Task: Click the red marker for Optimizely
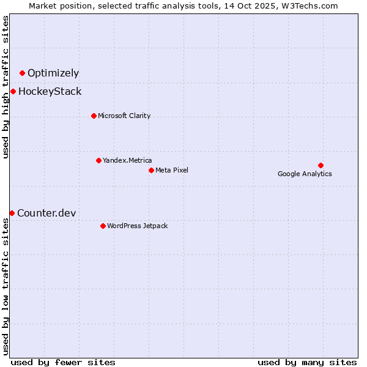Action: [x=22, y=73]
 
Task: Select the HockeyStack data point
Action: [x=13, y=92]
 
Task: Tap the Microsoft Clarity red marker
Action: [x=94, y=116]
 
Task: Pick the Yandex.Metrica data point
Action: [x=98, y=160]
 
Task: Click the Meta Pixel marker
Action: [x=151, y=170]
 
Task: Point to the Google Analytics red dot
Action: [x=321, y=165]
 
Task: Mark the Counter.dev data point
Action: [x=12, y=213]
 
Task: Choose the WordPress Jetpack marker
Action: [x=103, y=226]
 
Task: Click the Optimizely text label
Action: [x=53, y=73]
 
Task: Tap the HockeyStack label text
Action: [x=50, y=92]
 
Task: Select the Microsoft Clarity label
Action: [x=124, y=116]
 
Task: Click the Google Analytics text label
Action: [x=305, y=174]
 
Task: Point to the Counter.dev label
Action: [x=46, y=213]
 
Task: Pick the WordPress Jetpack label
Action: [x=137, y=226]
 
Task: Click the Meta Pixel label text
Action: [x=172, y=170]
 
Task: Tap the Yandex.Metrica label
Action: [x=127, y=160]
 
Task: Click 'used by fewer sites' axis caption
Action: [x=63, y=362]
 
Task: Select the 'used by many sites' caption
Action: [x=307, y=362]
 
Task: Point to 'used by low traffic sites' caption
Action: [x=6, y=287]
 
